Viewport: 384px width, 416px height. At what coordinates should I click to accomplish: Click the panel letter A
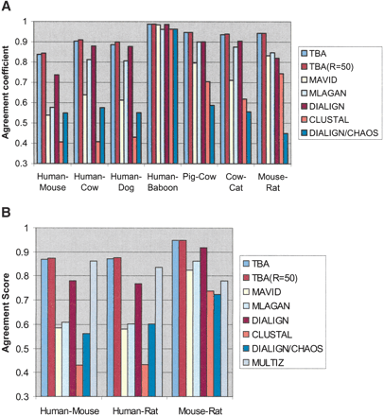point(7,8)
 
